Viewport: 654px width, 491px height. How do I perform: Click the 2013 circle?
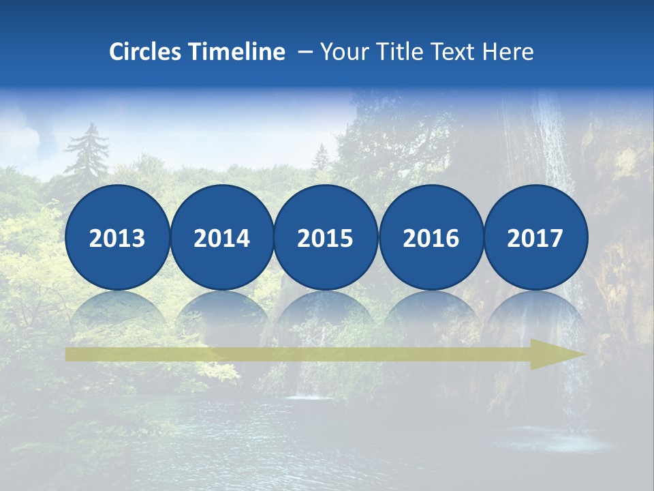[x=117, y=237]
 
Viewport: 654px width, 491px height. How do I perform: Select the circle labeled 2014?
[x=222, y=237]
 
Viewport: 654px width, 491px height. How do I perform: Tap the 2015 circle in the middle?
[x=326, y=237]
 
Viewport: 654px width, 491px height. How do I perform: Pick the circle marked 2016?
[x=431, y=237]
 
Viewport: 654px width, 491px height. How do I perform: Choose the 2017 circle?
[x=535, y=237]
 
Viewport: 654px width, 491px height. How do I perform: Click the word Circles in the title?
[x=146, y=52]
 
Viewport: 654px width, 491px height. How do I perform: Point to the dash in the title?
[x=305, y=52]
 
